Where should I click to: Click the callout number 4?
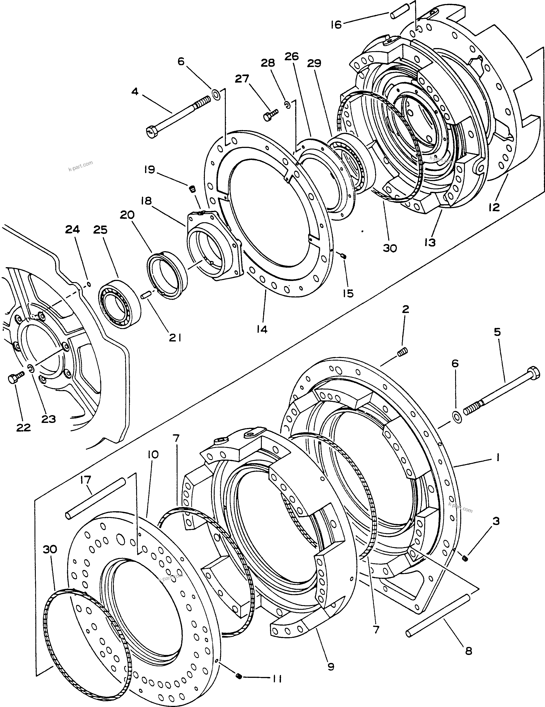pos(135,92)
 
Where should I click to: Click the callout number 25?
pos(101,230)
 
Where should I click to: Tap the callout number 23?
pos(48,419)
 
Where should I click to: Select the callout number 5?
pos(497,332)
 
